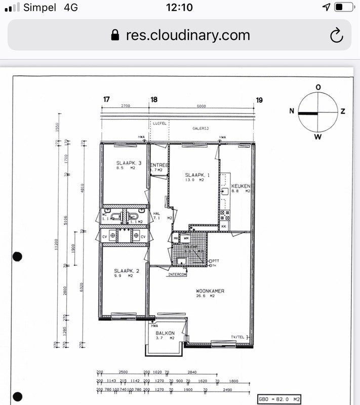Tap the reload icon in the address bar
336,35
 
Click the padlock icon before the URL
115,35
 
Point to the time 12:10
179,7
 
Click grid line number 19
259,100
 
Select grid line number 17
106,100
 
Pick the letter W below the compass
318,136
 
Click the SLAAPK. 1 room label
194,175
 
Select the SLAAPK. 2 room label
124,271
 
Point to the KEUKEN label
241,186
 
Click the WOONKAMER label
210,291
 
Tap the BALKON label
165,333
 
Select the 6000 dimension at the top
201,106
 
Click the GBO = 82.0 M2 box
279,399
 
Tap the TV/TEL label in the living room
238,337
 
